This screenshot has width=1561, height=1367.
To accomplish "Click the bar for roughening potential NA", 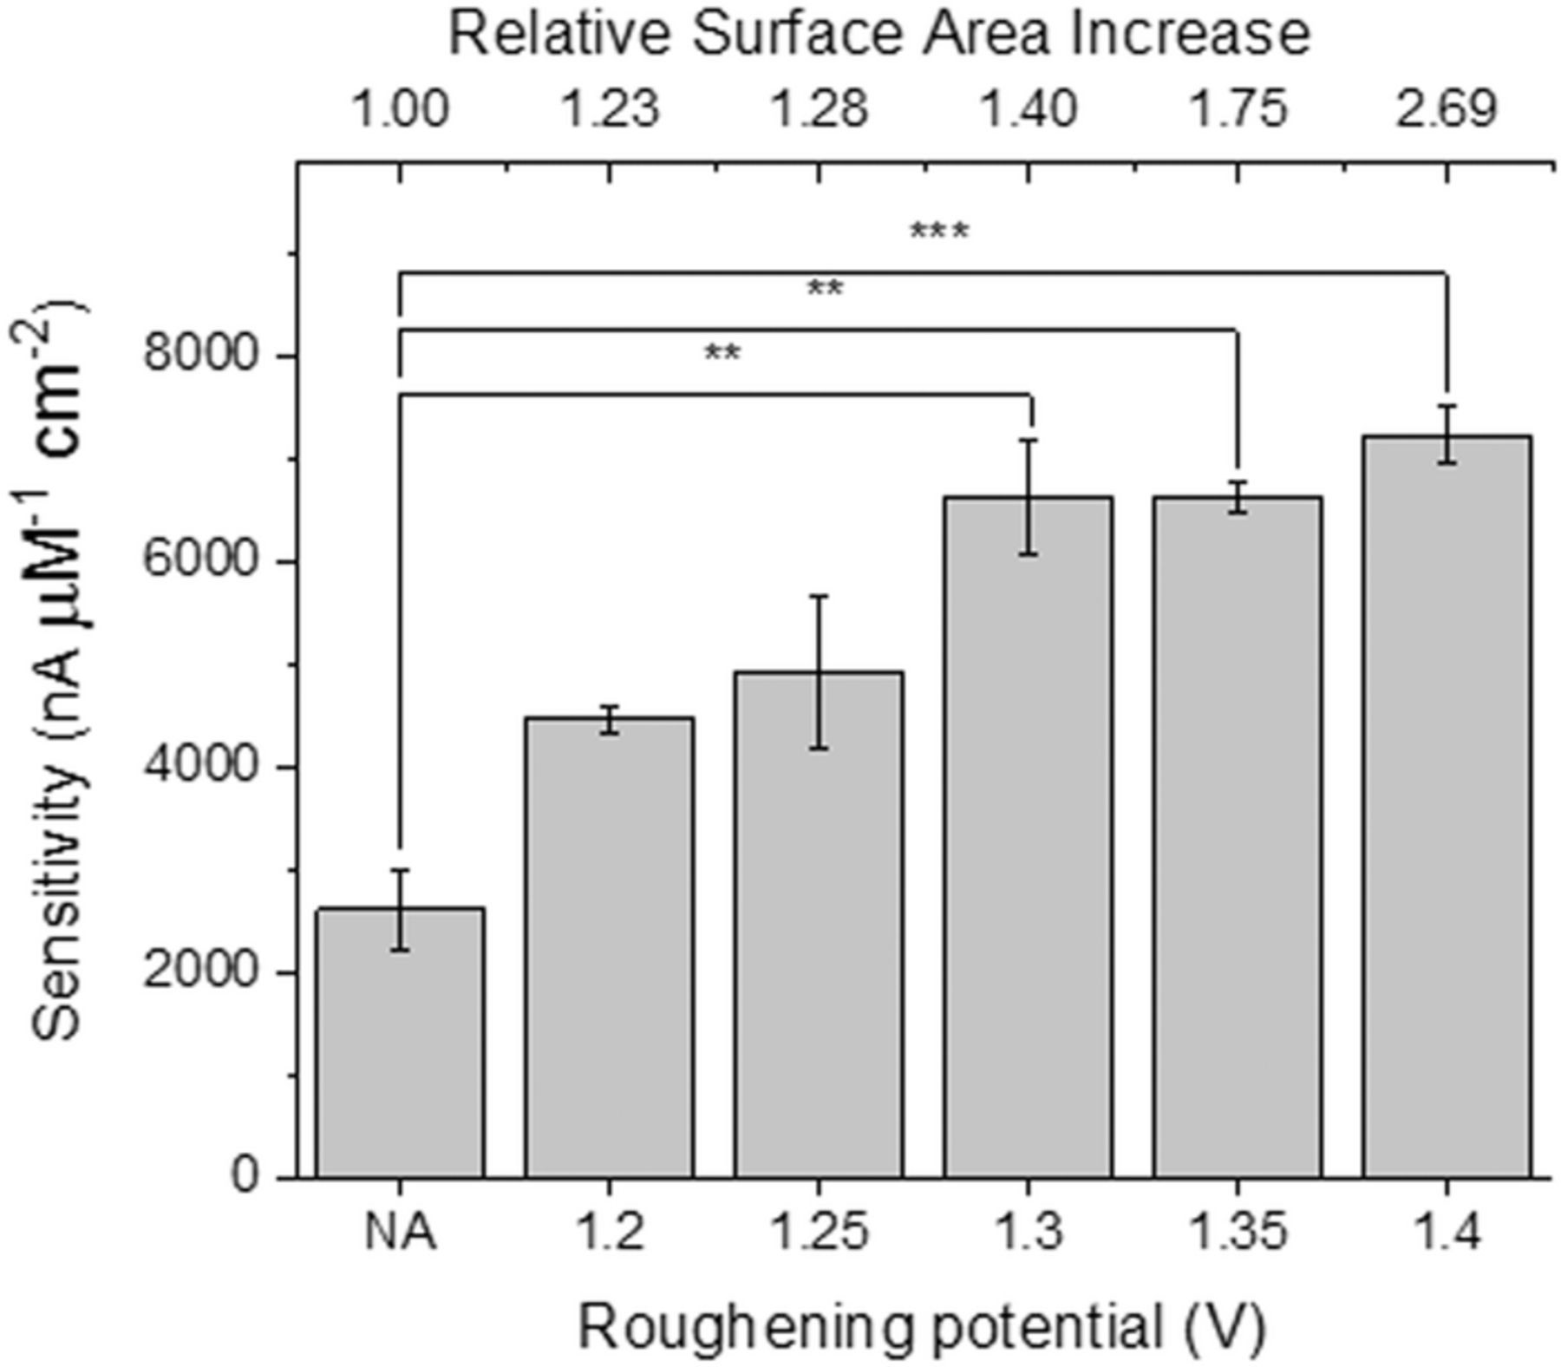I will pyautogui.click(x=400, y=1041).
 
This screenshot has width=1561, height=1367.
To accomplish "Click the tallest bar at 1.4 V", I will pyautogui.click(x=1447, y=807).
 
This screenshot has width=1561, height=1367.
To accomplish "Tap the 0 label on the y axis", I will pyautogui.click(x=246, y=1178).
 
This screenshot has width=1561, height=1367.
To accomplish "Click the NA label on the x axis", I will pyautogui.click(x=400, y=1232).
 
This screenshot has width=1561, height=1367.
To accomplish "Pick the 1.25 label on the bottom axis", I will pyautogui.click(x=820, y=1232).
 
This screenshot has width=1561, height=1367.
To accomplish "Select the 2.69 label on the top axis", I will pyautogui.click(x=1447, y=110).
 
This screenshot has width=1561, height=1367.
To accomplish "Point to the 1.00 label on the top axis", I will pyautogui.click(x=400, y=110).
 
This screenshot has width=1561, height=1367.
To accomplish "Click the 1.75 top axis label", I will pyautogui.click(x=1238, y=110).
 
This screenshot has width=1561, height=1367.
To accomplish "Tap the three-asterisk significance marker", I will pyautogui.click(x=939, y=232).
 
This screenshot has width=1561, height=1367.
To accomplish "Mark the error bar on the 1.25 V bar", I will pyautogui.click(x=820, y=671).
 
